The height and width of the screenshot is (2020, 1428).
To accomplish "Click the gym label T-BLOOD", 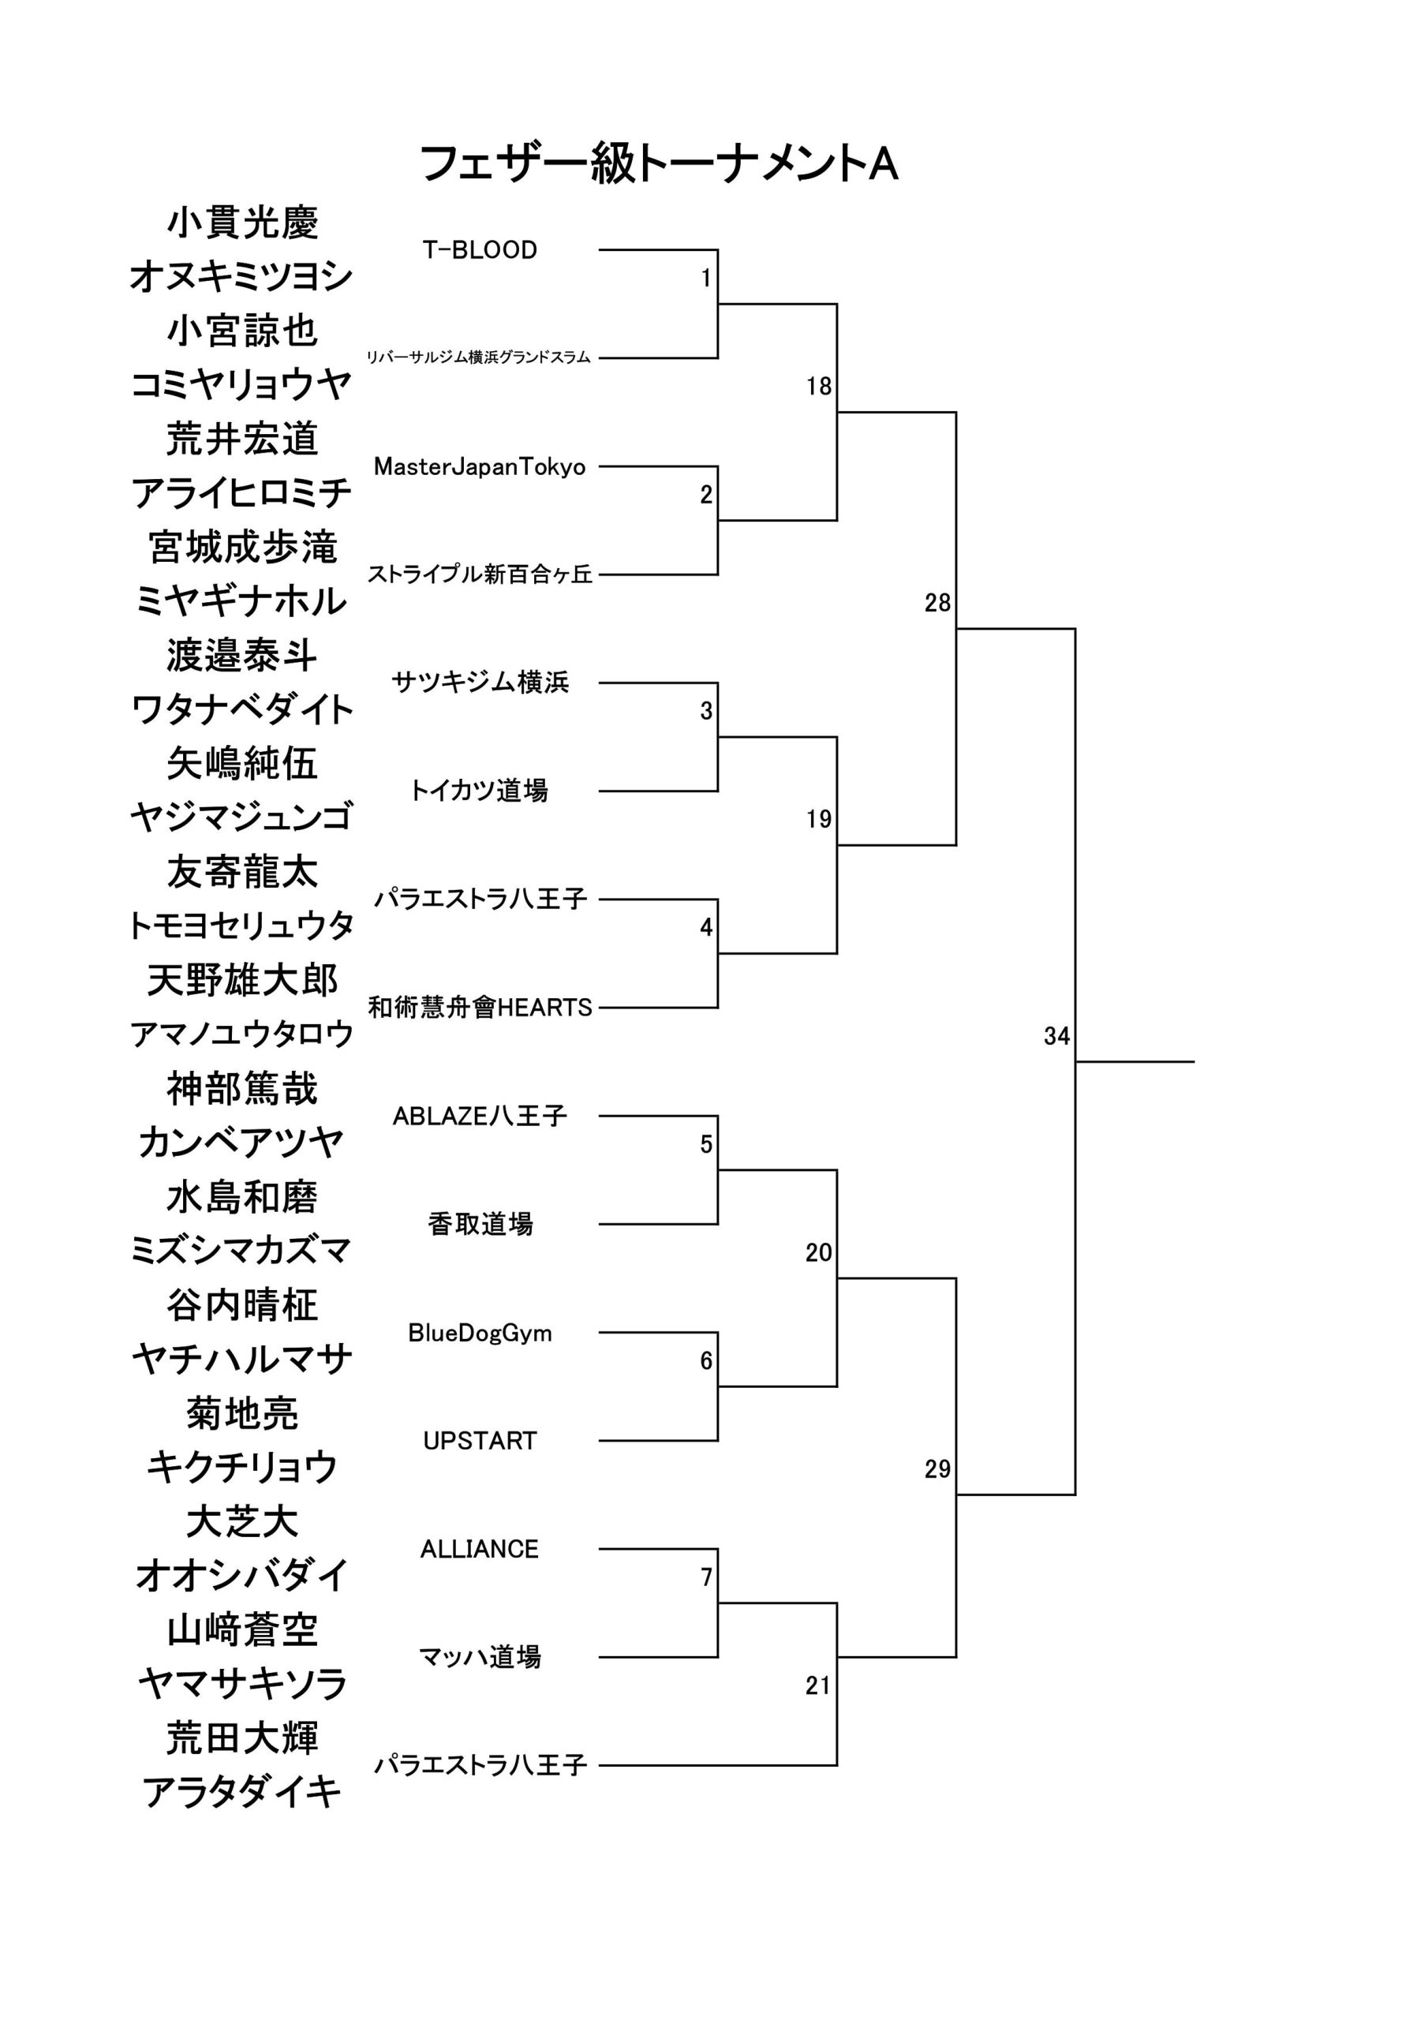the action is coord(480,250).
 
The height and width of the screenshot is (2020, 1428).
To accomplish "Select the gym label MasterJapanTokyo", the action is coord(480,466).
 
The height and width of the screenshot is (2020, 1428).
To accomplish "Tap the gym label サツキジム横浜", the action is coord(480,682).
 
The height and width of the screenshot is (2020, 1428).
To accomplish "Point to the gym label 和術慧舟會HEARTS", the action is coord(480,1008).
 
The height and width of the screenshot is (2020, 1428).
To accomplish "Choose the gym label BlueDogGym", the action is coord(480,1333).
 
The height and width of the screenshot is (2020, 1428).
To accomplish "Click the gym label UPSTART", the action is coord(480,1441).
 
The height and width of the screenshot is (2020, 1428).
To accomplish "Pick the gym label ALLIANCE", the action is coord(480,1549).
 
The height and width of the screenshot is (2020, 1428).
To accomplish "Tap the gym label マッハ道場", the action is coord(480,1658).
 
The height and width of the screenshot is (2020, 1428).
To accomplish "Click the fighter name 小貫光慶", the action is coord(242,223).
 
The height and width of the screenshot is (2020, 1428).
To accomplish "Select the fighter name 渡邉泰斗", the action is coord(242,656).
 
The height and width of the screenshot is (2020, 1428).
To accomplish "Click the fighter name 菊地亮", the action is coord(242,1413).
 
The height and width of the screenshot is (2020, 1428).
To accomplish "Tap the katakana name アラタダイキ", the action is coord(242,1792).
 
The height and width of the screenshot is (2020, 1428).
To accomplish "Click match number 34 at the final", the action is coord(1056,1036).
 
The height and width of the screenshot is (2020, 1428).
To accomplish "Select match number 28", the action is coord(938,603).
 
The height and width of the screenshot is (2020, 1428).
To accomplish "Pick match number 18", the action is coord(819,386).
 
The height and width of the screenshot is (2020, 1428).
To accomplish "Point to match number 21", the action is coord(818,1685).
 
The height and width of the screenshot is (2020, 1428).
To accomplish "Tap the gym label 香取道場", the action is coord(480,1224).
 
